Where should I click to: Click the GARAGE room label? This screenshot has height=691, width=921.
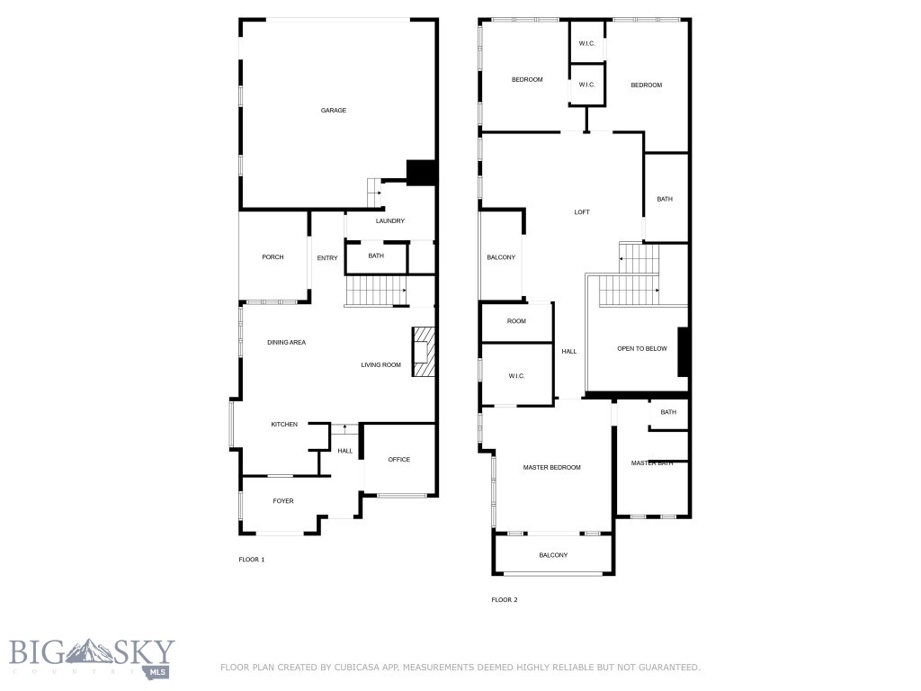coord(334,111)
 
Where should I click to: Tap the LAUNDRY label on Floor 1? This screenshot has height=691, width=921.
coord(389,221)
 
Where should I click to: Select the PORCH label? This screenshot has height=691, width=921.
coord(273,257)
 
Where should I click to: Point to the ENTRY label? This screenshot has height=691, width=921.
coord(327,258)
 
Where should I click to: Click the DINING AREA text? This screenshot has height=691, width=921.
coord(286,343)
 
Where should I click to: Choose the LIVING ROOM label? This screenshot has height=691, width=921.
coord(380,365)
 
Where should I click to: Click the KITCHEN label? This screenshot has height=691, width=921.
coord(284,425)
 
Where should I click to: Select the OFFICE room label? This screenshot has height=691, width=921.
coord(398,460)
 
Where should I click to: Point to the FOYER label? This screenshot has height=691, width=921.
coord(283,501)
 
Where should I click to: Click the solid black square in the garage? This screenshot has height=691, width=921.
coord(420,172)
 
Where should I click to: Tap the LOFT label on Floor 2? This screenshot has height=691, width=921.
coord(582,212)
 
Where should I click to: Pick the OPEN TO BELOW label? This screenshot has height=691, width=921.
coord(642,348)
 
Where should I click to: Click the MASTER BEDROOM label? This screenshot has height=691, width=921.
coord(551,468)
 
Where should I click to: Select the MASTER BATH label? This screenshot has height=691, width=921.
coord(651,463)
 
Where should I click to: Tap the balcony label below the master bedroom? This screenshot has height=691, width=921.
coord(553,555)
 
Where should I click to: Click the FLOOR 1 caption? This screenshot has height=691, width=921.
coord(251,560)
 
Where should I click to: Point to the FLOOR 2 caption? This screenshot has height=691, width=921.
coord(504,599)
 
